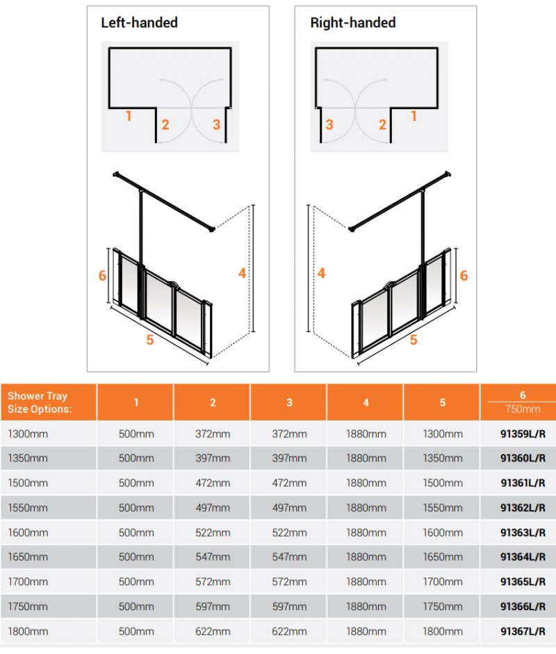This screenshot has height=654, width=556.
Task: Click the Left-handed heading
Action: click(x=139, y=23)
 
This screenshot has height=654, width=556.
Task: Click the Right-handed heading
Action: click(x=352, y=23)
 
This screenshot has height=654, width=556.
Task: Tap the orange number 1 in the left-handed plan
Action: click(x=129, y=116)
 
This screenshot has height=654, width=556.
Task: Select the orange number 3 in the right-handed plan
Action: click(x=329, y=125)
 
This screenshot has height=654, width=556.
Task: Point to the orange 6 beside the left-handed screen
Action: click(x=102, y=276)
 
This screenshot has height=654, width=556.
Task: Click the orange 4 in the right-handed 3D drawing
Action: click(x=321, y=273)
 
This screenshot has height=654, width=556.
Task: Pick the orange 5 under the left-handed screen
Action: click(x=149, y=339)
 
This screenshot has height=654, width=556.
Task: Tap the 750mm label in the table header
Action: click(x=523, y=409)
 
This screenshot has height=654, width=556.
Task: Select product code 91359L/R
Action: click(x=523, y=434)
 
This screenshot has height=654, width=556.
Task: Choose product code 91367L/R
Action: click(x=523, y=632)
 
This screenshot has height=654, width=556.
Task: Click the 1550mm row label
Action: click(x=28, y=508)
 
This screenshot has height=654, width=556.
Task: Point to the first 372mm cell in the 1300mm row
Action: click(x=213, y=434)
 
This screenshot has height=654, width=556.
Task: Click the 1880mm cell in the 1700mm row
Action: click(x=366, y=582)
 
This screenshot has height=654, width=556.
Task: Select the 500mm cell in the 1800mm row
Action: click(x=136, y=632)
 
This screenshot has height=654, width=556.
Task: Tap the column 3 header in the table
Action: click(x=289, y=402)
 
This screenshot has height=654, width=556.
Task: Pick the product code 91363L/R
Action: click(x=523, y=533)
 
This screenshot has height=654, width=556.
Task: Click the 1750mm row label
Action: click(x=28, y=607)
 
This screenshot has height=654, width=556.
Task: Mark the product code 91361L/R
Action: click(x=523, y=484)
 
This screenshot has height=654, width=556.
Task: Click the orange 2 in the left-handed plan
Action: click(x=165, y=125)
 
